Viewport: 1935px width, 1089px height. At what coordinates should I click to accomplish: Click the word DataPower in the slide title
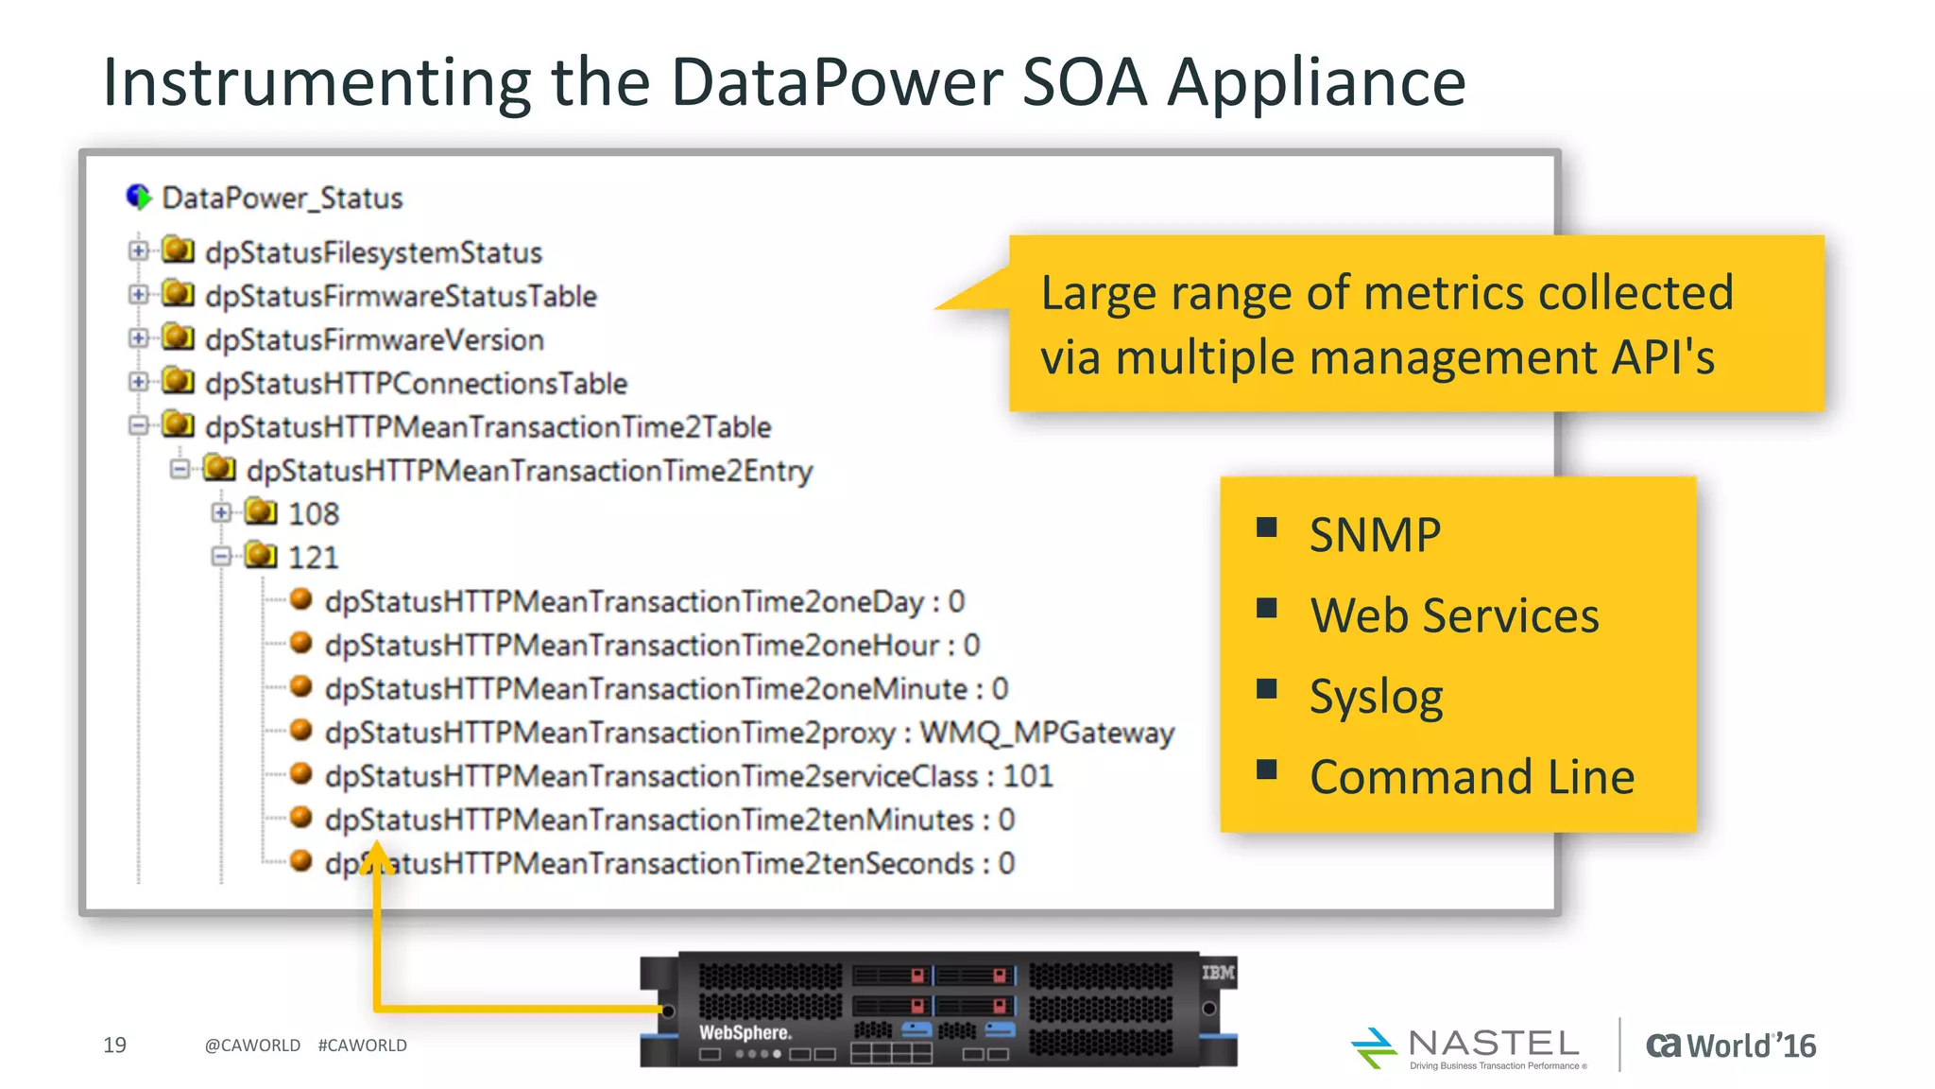click(836, 83)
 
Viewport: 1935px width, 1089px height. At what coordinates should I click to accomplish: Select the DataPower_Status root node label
click(282, 199)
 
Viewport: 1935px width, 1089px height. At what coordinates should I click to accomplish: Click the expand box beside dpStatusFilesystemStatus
click(139, 251)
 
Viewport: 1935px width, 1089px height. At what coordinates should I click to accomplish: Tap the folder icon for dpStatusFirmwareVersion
click(178, 337)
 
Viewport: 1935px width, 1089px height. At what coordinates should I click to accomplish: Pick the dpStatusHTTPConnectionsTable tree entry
click(416, 384)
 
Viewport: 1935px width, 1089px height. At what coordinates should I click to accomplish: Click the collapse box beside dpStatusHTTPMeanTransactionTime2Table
click(139, 425)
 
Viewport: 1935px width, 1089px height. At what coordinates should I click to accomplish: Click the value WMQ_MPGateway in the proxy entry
click(1047, 733)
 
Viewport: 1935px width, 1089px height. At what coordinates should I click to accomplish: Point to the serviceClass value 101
click(1027, 776)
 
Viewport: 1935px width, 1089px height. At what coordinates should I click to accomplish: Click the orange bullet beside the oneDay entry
click(301, 599)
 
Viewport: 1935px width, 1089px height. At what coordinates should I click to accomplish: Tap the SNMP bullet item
click(1375, 536)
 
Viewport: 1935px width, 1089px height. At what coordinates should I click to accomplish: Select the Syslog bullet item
click(1376, 698)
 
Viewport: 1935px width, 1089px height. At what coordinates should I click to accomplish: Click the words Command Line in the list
click(1471, 778)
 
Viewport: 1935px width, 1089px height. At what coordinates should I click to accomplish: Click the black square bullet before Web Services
click(1267, 608)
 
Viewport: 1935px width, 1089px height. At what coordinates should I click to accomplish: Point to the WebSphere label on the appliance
click(745, 1032)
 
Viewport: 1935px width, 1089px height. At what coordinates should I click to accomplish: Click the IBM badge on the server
click(1218, 973)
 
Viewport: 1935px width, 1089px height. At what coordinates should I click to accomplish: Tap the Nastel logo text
click(1493, 1044)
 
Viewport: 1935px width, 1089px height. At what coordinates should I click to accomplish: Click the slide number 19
click(114, 1046)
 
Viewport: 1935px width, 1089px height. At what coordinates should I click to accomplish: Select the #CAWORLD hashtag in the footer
click(363, 1046)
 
